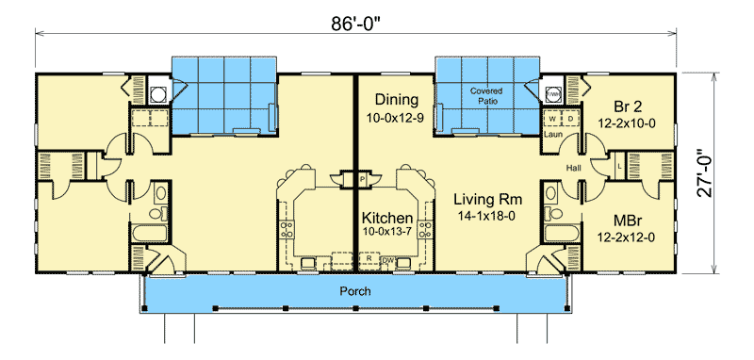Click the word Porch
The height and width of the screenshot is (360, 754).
tap(354, 291)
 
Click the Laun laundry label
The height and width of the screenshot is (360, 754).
tap(552, 135)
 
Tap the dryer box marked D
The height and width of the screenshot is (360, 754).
tap(570, 119)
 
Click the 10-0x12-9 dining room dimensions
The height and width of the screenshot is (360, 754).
tap(396, 119)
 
